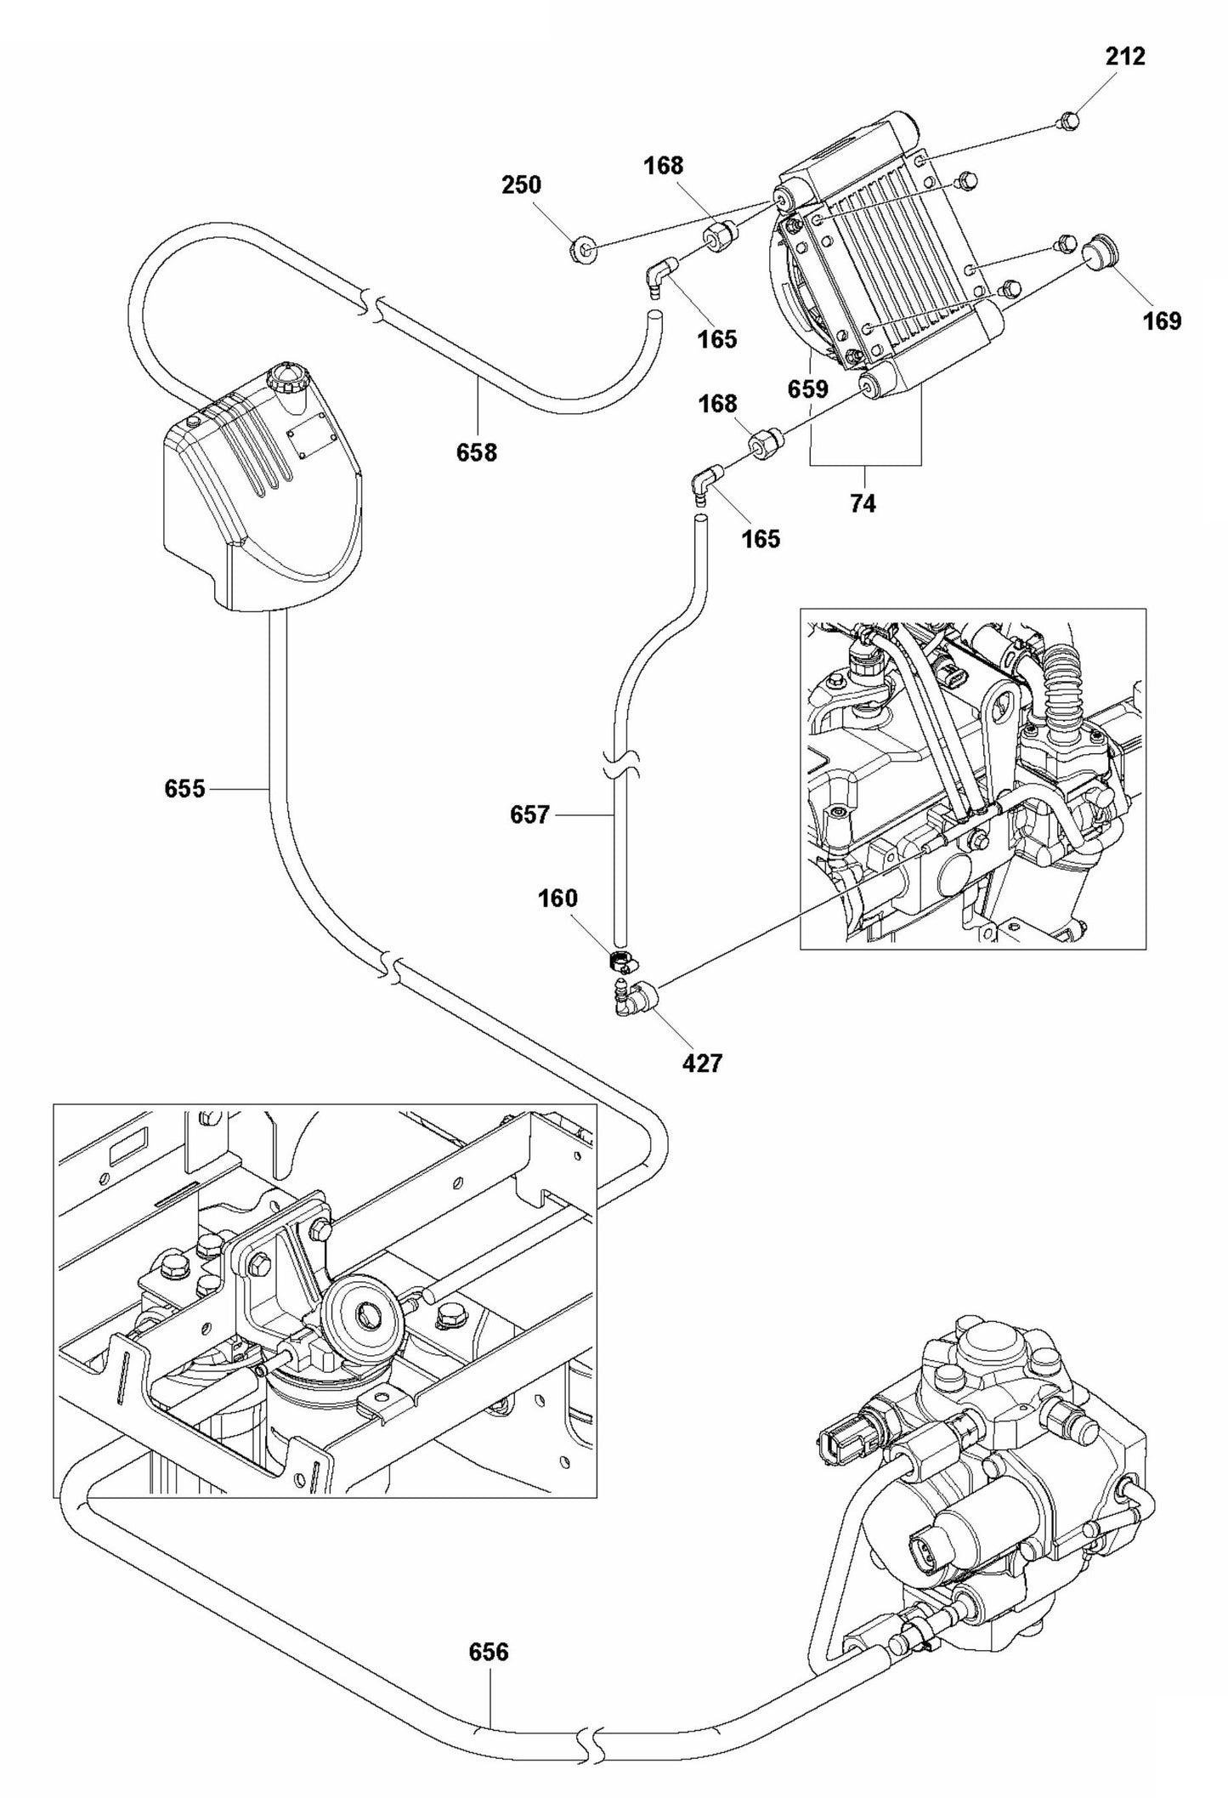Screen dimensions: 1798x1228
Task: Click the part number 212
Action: [x=1125, y=57]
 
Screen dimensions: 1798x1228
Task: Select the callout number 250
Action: [x=521, y=185]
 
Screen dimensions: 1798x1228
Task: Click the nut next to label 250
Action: [x=582, y=250]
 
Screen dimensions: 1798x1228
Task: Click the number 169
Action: [x=1163, y=321]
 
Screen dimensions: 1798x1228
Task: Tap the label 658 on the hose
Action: [x=476, y=453]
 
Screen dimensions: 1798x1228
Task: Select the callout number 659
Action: [x=807, y=389]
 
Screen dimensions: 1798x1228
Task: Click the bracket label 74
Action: [x=862, y=504]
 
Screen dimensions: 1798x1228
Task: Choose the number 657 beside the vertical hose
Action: [x=529, y=815]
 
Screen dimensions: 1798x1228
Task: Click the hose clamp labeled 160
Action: [x=622, y=962]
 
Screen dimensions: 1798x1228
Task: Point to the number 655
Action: [x=184, y=789]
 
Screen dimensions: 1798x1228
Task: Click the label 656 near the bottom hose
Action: [x=489, y=1652]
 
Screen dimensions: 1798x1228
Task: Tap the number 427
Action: [x=702, y=1063]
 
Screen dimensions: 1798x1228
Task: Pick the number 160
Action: [x=557, y=899]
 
